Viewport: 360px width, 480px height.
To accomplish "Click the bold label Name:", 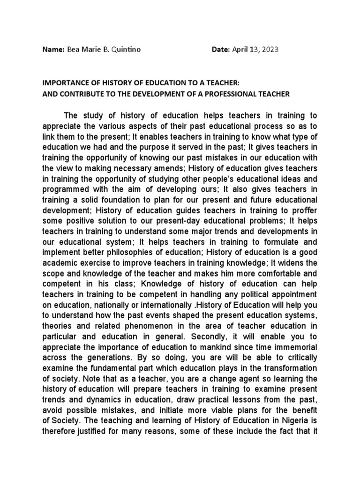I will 52,50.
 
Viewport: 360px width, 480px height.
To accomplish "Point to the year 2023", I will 269,50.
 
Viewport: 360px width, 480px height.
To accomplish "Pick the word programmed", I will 65,188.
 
